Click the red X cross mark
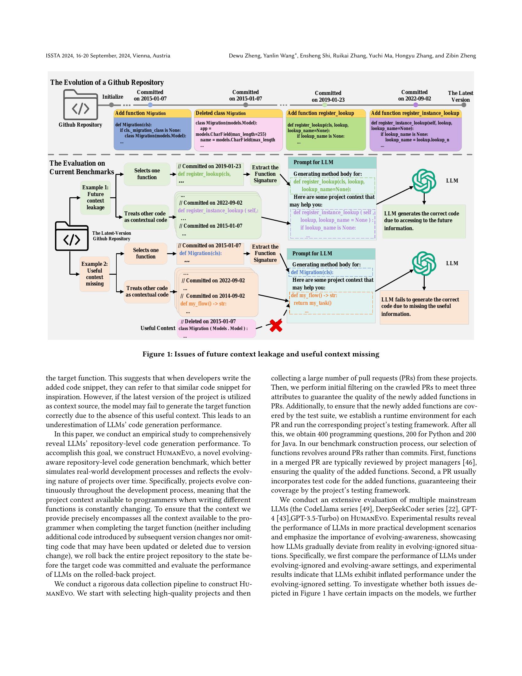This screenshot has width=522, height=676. [x=276, y=326]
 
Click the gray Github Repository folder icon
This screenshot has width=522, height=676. [x=80, y=104]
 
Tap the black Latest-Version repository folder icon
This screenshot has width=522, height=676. [x=72, y=236]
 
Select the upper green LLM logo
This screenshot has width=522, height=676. [x=424, y=181]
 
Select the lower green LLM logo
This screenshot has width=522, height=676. [x=424, y=264]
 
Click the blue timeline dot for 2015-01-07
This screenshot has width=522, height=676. [x=150, y=105]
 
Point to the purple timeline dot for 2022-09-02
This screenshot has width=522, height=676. [x=416, y=105]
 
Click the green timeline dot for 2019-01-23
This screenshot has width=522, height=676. [x=324, y=105]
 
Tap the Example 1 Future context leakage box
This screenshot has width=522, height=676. [x=95, y=198]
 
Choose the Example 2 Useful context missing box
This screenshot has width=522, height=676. [x=95, y=274]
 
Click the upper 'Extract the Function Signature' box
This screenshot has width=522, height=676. [x=265, y=174]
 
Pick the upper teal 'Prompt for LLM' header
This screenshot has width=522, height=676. [x=332, y=163]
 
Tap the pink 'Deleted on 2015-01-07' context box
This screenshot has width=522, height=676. [x=216, y=328]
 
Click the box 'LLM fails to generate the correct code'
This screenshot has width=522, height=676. [x=424, y=307]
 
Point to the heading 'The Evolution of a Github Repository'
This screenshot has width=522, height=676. [x=107, y=82]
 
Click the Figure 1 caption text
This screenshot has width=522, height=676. [x=261, y=354]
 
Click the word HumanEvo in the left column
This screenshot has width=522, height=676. [x=176, y=453]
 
